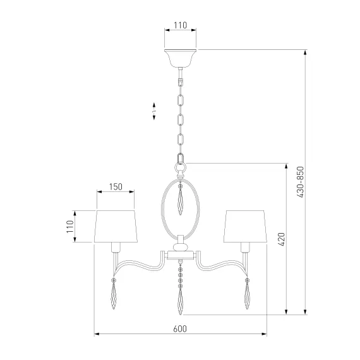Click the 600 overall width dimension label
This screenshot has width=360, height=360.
180,329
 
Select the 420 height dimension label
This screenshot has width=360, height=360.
281,239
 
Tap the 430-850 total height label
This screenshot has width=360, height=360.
300,182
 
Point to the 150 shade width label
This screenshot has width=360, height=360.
116,187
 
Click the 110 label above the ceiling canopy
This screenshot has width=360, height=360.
180,25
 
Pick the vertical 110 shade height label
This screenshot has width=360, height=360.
70,227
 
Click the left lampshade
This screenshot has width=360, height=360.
116,226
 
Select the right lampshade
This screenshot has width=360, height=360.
245,226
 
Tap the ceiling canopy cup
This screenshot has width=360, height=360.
181,58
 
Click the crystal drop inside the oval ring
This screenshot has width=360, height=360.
180,200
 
